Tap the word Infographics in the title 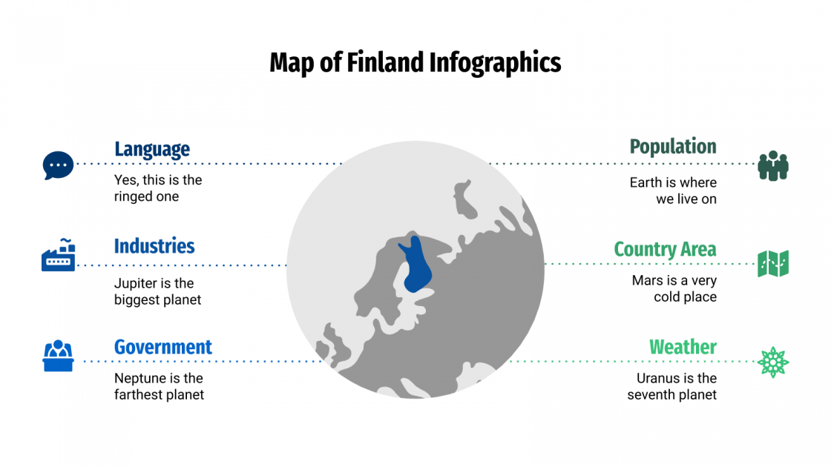click(x=495, y=64)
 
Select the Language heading click(x=152, y=149)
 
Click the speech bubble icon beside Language click(x=58, y=165)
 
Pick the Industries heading click(x=154, y=246)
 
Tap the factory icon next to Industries click(x=58, y=255)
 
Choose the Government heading click(x=163, y=347)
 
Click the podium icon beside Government click(x=58, y=356)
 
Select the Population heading click(x=673, y=147)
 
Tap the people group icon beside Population click(x=773, y=165)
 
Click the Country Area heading click(x=665, y=249)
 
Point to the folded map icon click(x=773, y=263)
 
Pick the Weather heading click(x=683, y=347)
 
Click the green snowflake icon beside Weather click(x=773, y=362)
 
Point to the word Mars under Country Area click(x=646, y=280)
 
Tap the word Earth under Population click(x=646, y=182)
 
